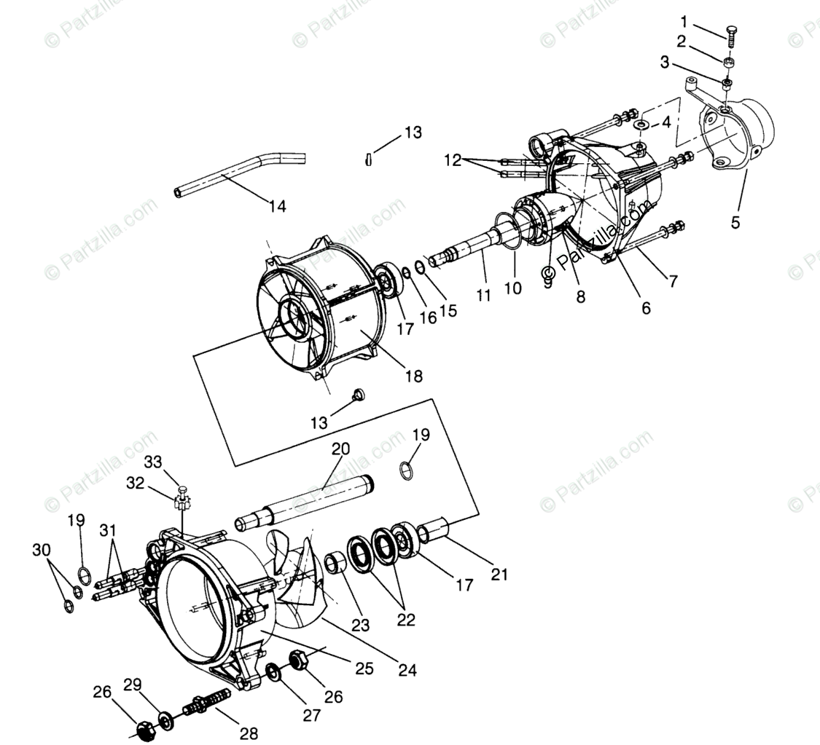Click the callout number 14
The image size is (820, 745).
[277, 206]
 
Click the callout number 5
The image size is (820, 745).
[735, 222]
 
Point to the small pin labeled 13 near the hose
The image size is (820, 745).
[369, 158]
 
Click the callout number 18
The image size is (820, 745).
[414, 376]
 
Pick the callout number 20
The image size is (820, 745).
[341, 449]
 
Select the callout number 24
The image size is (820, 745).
[407, 670]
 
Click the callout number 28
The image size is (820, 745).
[249, 733]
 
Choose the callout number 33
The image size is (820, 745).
[152, 462]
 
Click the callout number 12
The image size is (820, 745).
[453, 160]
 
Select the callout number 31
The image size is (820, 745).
[108, 529]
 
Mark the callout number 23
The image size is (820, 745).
[360, 625]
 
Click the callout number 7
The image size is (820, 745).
[673, 281]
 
